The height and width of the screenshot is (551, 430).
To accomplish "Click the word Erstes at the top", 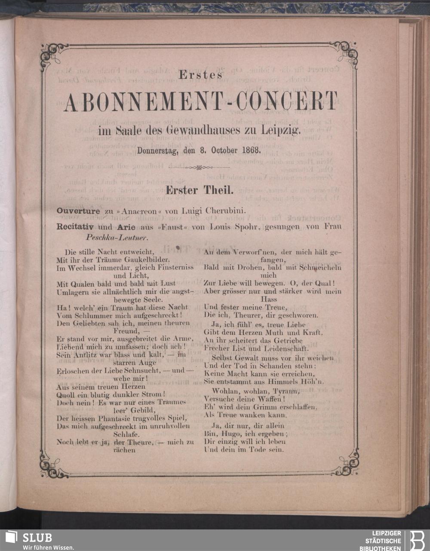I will pyautogui.click(x=200, y=74).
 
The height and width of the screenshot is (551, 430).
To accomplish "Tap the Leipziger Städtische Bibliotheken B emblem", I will pyautogui.click(x=416, y=540).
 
